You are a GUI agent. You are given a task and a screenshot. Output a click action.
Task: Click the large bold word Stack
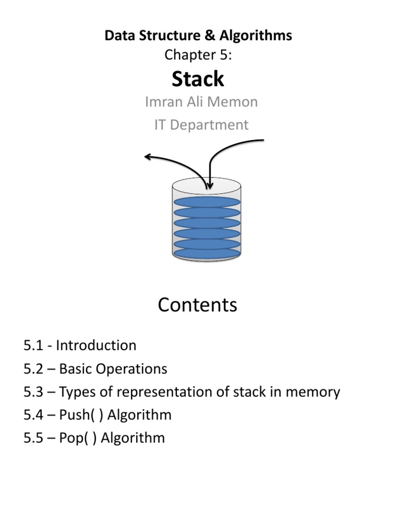coord(198,79)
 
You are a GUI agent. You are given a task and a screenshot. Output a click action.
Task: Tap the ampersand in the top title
coord(212,35)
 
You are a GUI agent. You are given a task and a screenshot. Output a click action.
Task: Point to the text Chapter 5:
coord(197,55)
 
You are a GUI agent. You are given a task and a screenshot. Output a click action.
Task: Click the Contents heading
coord(197,305)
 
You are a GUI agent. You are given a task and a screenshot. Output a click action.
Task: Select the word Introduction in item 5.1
coord(96,345)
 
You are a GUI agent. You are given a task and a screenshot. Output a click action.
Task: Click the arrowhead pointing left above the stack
coord(148,155)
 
